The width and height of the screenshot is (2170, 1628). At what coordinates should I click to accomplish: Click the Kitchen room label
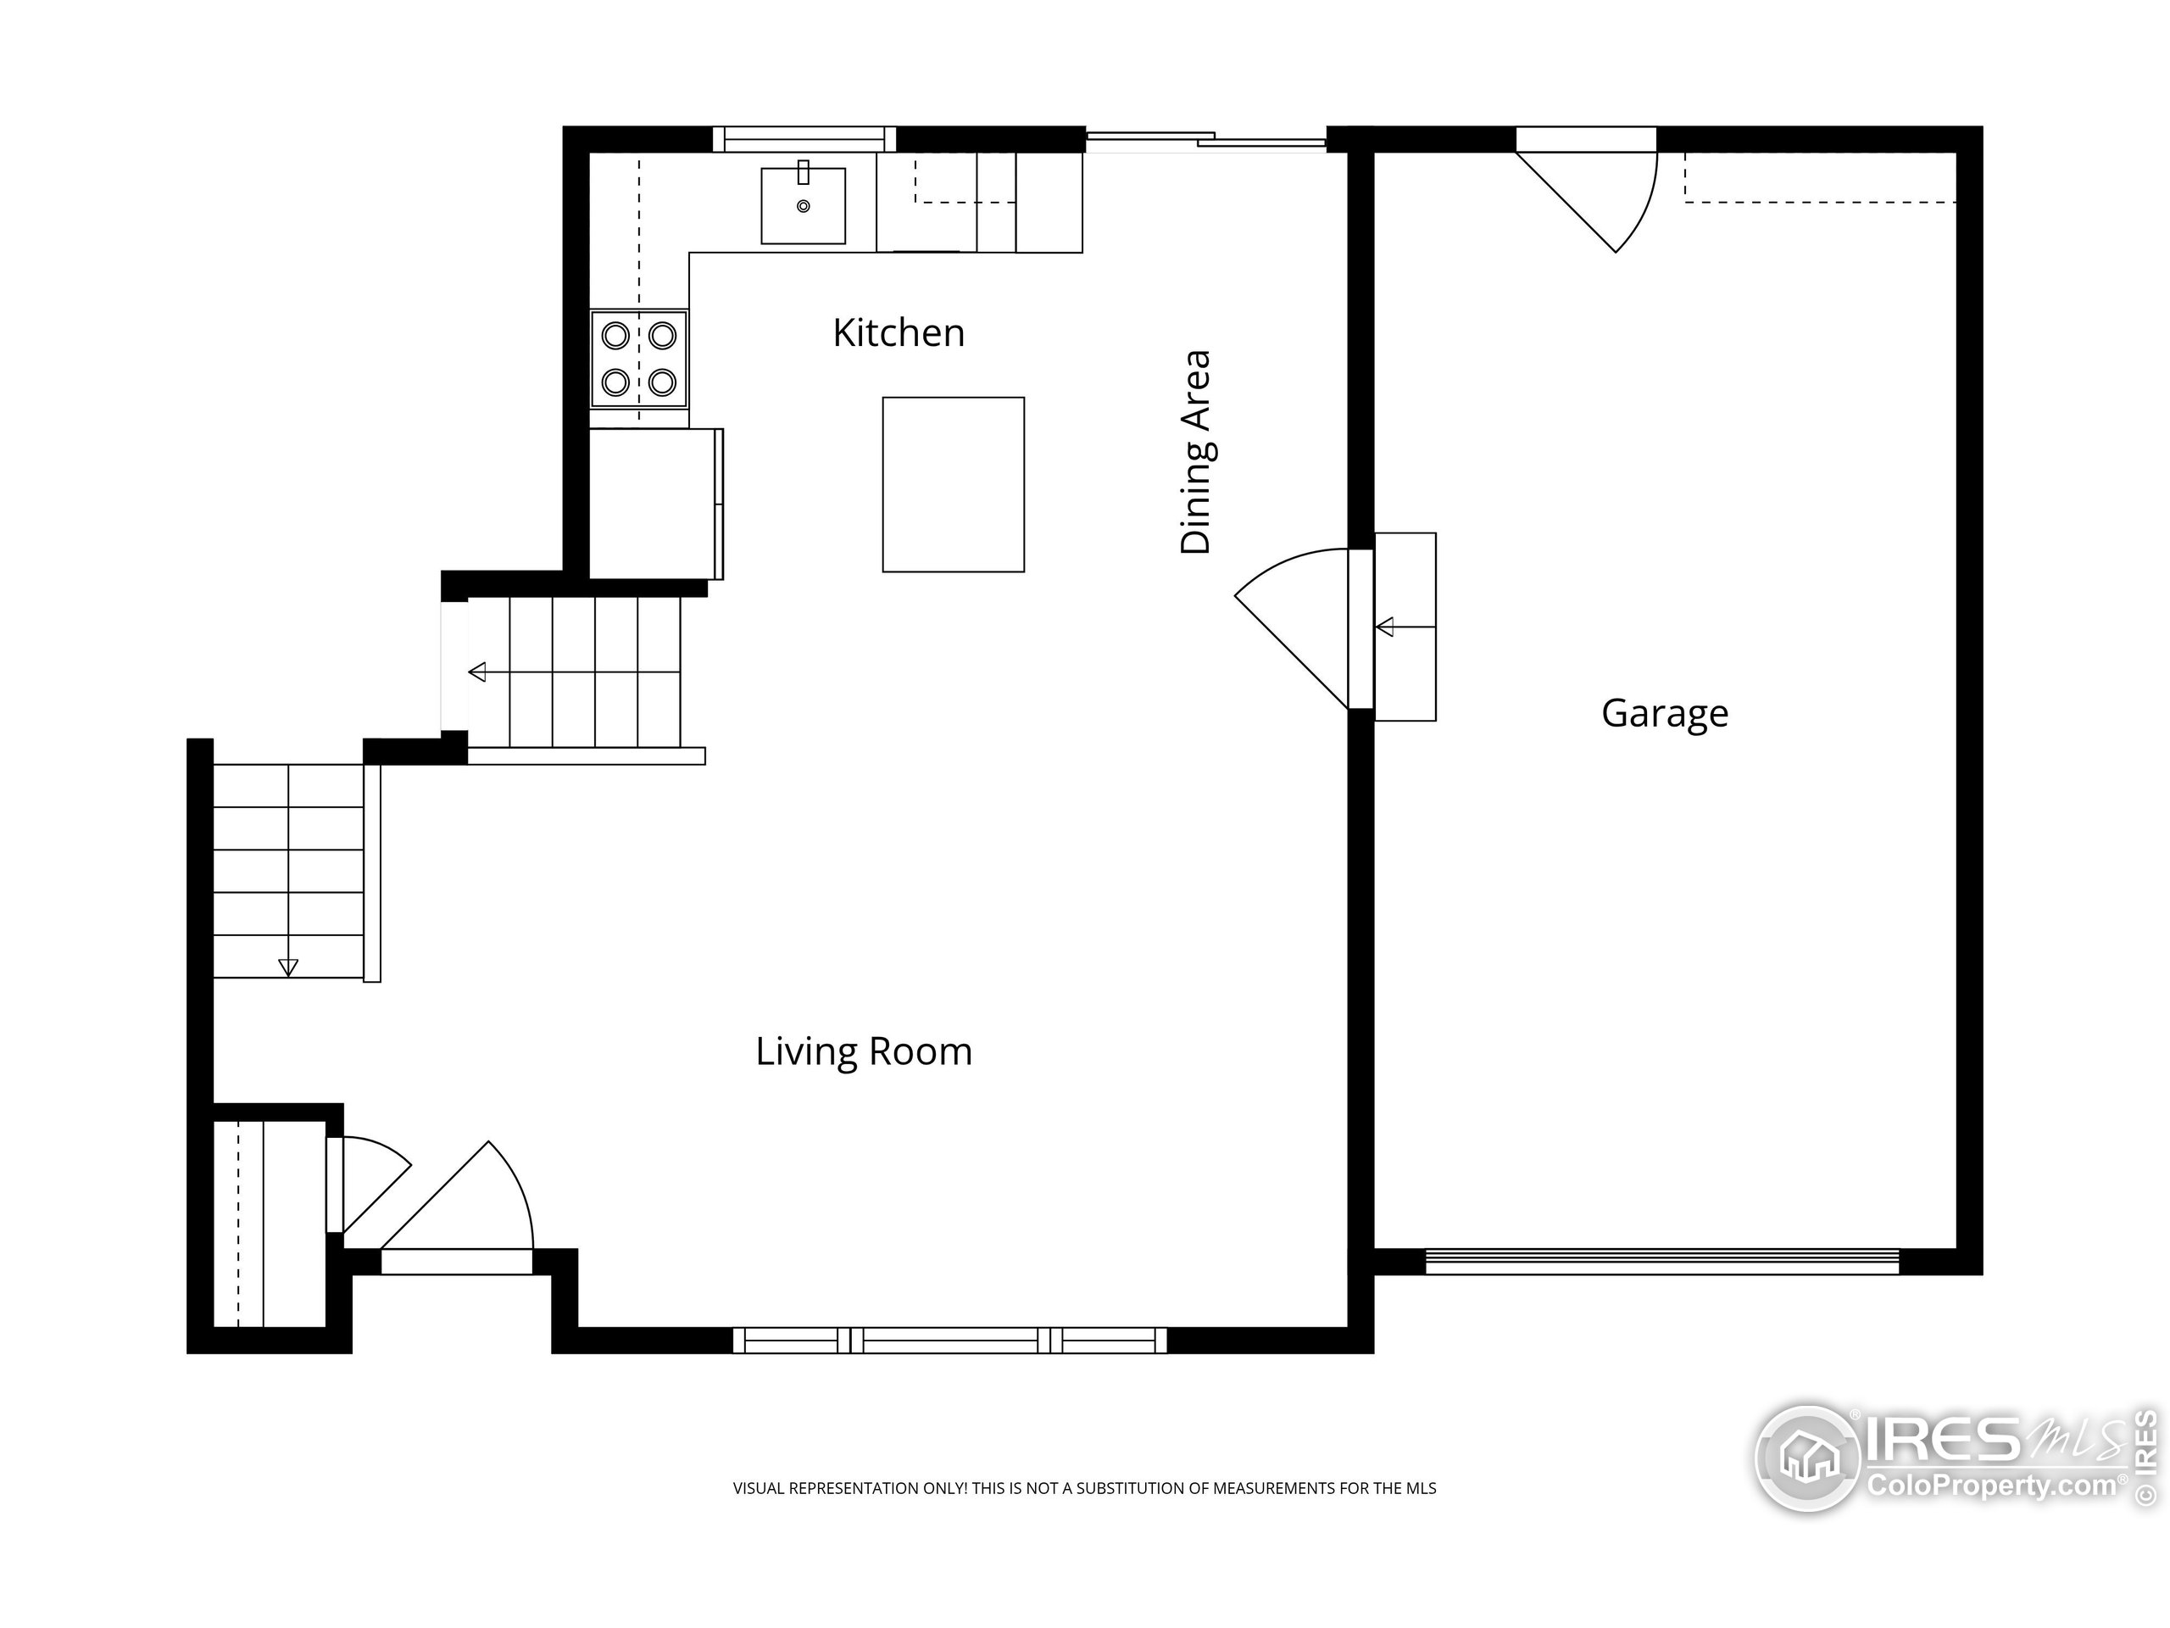tap(899, 332)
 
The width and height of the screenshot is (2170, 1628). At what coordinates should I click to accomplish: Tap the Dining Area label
tap(1196, 453)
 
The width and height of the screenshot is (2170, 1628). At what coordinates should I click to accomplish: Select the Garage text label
tap(1665, 713)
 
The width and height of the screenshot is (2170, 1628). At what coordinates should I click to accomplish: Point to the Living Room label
tap(863, 1051)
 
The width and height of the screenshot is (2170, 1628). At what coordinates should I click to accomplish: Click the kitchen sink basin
tap(804, 205)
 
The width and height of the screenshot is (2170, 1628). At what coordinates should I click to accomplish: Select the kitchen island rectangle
tap(954, 485)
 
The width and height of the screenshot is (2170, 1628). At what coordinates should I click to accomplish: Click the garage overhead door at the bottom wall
tap(1662, 1261)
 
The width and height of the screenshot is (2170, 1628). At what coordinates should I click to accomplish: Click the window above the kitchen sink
tap(804, 139)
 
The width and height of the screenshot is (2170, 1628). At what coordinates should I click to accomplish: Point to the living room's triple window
tap(949, 1340)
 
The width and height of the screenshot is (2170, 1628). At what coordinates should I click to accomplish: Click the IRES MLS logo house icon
tap(1808, 1458)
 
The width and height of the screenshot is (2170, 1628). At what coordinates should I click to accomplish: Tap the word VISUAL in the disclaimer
tap(760, 1489)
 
